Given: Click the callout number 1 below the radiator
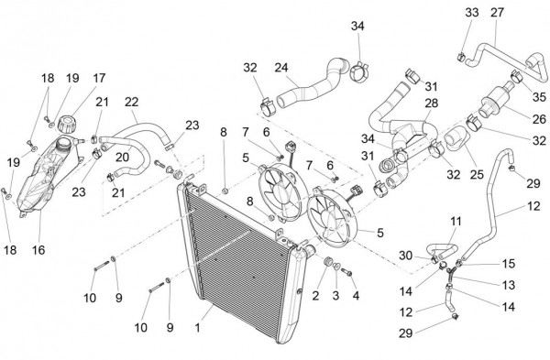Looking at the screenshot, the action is pos(197,327).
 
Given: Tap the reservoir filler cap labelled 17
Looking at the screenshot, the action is pos(67,124).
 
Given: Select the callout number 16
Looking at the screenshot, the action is pos(38,250).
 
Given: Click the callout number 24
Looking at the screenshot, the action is pos(281,68).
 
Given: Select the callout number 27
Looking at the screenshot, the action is pos(497,12).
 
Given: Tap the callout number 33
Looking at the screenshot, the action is pos(472,12).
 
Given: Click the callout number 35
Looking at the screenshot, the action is pos(539,97).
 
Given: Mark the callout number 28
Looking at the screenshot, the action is pos(432,104).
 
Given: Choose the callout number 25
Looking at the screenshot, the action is pos(477,174).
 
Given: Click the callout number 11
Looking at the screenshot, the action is pos(456,222).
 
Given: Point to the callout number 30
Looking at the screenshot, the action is pos(405,256).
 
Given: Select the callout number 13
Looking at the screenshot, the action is pos(508,285).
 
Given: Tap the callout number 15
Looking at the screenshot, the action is pos(508,264).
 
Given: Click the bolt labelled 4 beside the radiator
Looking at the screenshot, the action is pos(346,272).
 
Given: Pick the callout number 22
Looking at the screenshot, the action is pos(131,102).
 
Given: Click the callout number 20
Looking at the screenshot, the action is pos(123,158).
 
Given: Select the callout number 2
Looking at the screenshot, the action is pos(315,296).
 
